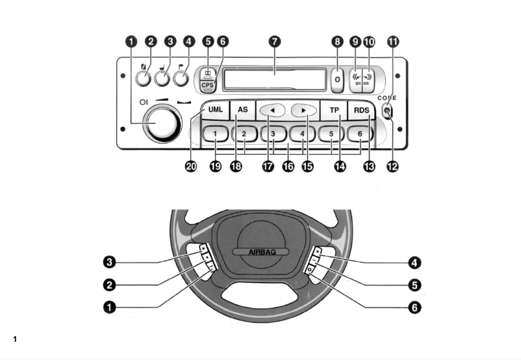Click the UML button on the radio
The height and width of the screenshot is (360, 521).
(215, 110)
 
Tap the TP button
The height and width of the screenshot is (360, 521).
(334, 110)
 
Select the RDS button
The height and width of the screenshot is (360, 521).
(361, 110)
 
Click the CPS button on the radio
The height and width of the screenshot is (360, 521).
(207, 85)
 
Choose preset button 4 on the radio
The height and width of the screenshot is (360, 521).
(302, 134)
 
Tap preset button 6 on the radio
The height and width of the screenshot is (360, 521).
(359, 134)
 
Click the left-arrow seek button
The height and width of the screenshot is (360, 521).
(273, 110)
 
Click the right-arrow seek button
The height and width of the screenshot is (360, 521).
(303, 110)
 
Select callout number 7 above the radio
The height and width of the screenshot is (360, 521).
(275, 42)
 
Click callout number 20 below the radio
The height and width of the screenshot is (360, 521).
(190, 166)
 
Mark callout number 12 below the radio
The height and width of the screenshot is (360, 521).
(392, 166)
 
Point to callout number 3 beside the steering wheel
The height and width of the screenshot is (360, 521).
(110, 263)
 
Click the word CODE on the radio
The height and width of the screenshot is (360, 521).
(387, 97)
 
